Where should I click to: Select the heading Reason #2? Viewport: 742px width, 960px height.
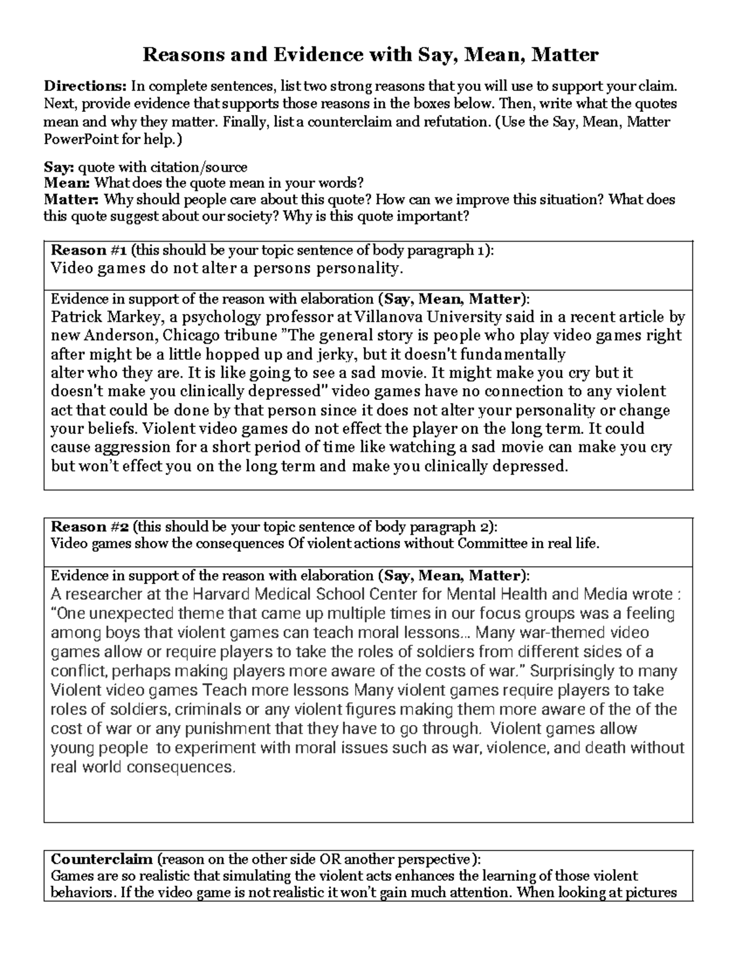90,527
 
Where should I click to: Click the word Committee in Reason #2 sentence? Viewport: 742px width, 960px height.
487,544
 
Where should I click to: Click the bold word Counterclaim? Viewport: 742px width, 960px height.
102,859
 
